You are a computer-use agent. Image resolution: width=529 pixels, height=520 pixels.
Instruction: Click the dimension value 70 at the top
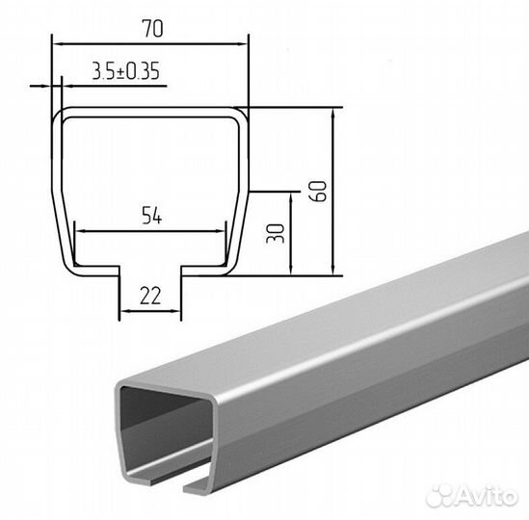click(152, 29)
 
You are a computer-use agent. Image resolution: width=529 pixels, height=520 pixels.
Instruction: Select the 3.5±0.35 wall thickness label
click(125, 71)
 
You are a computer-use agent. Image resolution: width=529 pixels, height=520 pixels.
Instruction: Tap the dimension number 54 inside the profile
click(152, 216)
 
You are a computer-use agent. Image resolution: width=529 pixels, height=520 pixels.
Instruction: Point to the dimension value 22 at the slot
click(150, 296)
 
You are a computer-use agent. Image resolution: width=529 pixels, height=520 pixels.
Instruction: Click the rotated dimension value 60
click(319, 192)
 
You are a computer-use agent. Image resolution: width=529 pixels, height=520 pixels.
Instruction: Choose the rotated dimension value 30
click(276, 233)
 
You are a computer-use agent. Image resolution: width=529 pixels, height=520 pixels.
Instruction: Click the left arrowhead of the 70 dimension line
click(59, 44)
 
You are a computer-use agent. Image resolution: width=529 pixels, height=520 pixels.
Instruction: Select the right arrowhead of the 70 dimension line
click(242, 44)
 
